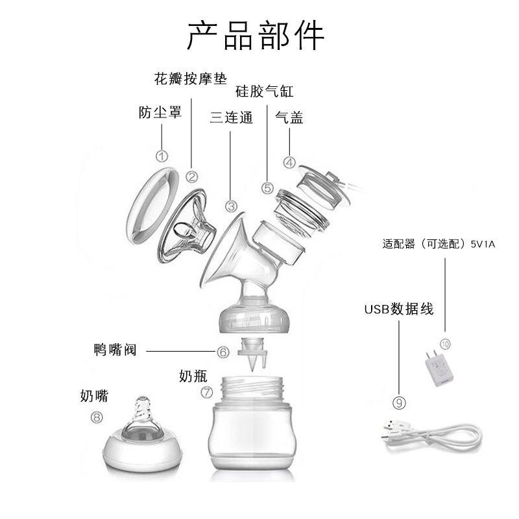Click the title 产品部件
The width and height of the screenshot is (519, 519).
coord(256,36)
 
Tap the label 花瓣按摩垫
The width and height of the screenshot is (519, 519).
coord(191,78)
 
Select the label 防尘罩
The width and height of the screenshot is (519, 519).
coord(160,112)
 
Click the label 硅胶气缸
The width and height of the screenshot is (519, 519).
coord(265,91)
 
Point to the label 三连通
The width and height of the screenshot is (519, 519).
coord(232,117)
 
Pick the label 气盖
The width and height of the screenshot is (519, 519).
coord(289,117)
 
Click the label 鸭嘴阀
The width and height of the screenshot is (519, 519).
coord(115,350)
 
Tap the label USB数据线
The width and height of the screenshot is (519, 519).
coord(399,309)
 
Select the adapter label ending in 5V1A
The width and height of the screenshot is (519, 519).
coord(439,244)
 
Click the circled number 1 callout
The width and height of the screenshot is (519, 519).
coord(162,156)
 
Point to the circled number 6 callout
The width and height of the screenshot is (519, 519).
coord(223,352)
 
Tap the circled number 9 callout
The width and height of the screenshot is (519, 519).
coord(399,403)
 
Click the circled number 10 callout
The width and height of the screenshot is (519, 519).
coord(445,344)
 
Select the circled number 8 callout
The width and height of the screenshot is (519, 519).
coord(97,417)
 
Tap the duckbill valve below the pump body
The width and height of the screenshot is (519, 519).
coord(253,354)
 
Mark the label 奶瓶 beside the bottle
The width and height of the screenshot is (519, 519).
coord(193,376)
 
